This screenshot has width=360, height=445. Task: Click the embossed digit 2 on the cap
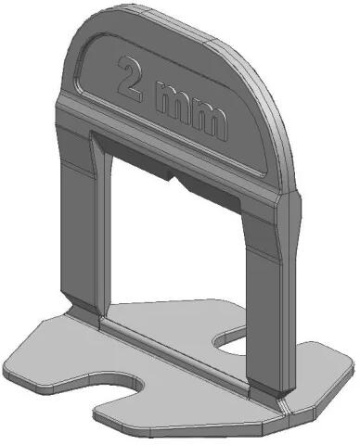tap(131, 79)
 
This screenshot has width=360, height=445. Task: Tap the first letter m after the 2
tap(172, 99)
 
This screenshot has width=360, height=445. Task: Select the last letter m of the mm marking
tap(210, 121)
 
